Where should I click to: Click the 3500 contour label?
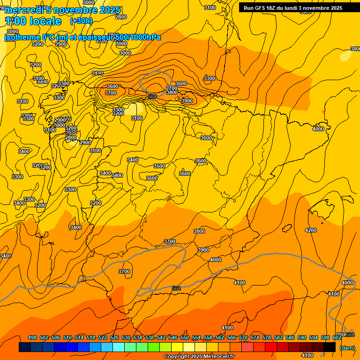click(x=159, y=166)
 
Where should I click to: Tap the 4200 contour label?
click(x=310, y=230)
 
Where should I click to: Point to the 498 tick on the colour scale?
click(x=32, y=337)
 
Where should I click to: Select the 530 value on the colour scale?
click(x=126, y=337)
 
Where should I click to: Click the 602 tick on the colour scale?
click(x=337, y=337)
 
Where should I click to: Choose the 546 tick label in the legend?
click(x=173, y=337)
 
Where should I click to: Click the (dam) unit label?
click(x=347, y=347)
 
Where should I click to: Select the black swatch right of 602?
click(x=330, y=347)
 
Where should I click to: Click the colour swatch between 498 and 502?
click(x=37, y=347)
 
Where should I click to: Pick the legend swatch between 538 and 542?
click(x=154, y=347)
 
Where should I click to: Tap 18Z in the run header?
click(x=272, y=8)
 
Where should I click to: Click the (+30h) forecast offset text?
click(x=81, y=21)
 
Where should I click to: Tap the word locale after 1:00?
click(x=45, y=21)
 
